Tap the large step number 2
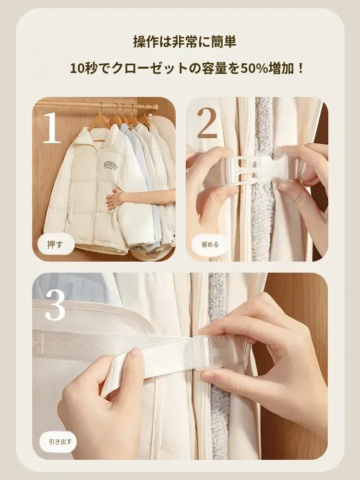(207, 122)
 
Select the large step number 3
(55, 305)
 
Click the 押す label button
(56, 245)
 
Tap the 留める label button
(210, 245)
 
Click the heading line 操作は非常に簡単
(185, 42)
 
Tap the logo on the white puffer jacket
(110, 165)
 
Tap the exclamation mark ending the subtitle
(300, 69)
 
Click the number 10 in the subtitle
(77, 69)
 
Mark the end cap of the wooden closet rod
(155, 107)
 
